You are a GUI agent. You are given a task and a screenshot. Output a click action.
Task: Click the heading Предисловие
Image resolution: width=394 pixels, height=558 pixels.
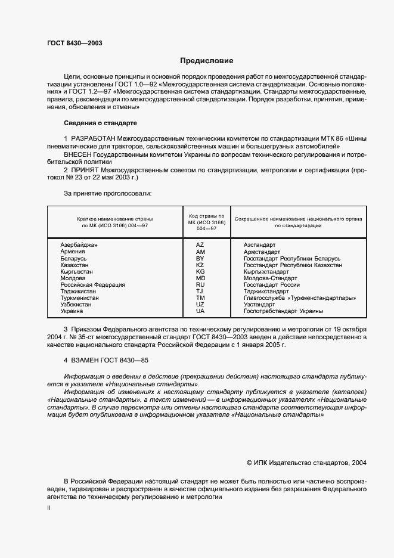pyautogui.click(x=207, y=61)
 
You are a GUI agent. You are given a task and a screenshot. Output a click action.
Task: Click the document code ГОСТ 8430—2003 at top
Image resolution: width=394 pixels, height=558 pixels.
pyautogui.click(x=70, y=43)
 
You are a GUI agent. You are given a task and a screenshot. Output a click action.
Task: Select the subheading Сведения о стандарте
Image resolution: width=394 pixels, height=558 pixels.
pyautogui.click(x=100, y=123)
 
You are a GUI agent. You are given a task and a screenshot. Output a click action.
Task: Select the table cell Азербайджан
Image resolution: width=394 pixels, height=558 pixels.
pyautogui.click(x=79, y=245)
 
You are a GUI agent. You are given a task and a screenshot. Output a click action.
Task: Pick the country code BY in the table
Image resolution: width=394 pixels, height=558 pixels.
pyautogui.click(x=200, y=258)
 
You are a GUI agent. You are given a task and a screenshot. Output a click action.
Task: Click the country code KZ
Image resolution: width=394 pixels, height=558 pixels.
pyautogui.click(x=200, y=265)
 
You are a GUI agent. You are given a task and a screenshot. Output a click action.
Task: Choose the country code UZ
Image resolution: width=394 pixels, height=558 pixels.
pyautogui.click(x=200, y=304)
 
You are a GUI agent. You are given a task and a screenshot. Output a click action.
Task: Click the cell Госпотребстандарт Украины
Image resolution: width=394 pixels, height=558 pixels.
pyautogui.click(x=283, y=311)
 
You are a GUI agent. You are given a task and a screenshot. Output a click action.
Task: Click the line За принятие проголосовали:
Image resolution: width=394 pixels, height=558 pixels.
pyautogui.click(x=108, y=194)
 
